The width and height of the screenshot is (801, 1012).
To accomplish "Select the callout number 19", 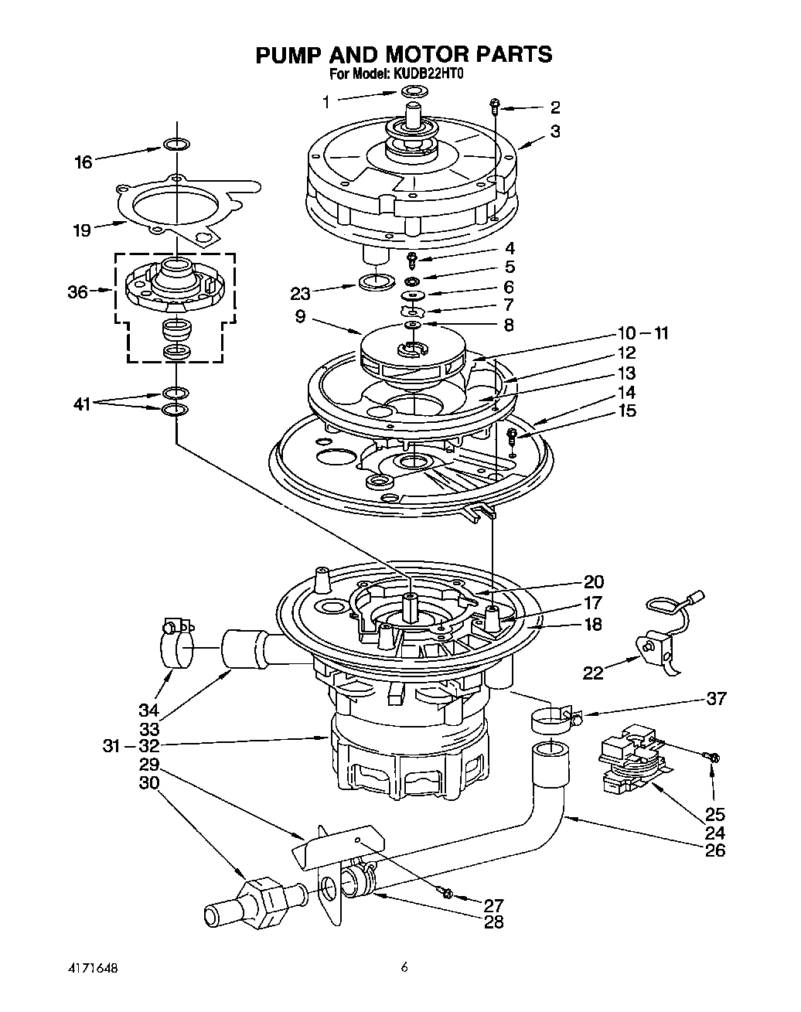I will pos(81,230).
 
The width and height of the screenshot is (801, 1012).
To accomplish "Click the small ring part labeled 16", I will pos(176,145).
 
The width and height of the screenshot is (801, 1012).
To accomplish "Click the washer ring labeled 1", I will pos(415,93).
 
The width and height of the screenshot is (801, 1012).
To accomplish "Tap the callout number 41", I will pos(82,403).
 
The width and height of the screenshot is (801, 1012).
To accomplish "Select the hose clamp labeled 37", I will pos(551,719).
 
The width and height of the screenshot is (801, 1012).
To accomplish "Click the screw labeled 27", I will pos(447,892).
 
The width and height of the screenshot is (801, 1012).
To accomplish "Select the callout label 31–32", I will pos(131,746).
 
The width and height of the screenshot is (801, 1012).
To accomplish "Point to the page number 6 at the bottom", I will pos(404,967).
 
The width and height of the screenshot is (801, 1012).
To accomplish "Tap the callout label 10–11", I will pos(642,333).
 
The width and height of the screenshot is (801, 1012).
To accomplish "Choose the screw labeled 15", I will pos(512,437).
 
